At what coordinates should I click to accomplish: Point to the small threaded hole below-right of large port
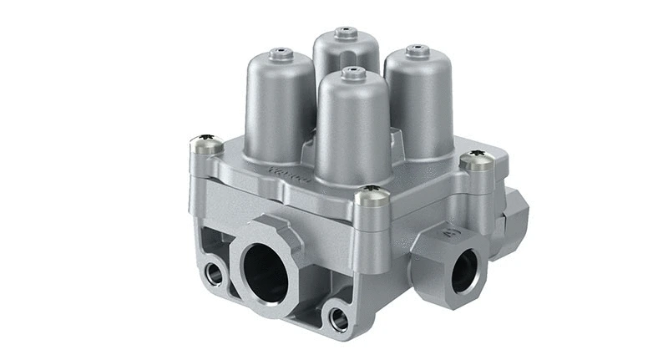coord(339,316)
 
